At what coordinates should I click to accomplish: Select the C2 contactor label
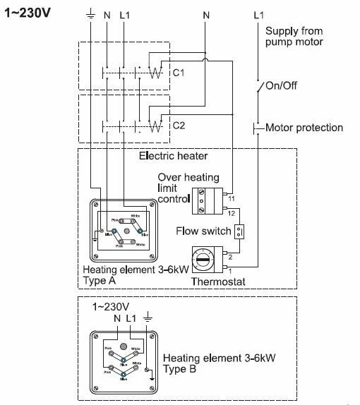(178, 126)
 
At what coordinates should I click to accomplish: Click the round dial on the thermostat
(203, 259)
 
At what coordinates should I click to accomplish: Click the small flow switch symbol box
(239, 231)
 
